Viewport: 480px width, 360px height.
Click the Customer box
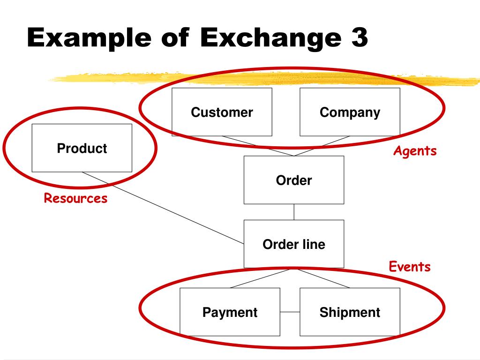pyautogui.click(x=222, y=112)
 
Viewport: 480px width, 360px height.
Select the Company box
pyautogui.click(x=350, y=112)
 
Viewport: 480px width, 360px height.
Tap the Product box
pyautogui.click(x=82, y=148)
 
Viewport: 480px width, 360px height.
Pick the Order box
pyautogui.click(x=294, y=180)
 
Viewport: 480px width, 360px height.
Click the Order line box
pyautogui.click(x=294, y=244)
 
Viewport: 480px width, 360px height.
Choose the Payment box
pyautogui.click(x=230, y=312)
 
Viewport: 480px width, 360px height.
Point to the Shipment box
pyautogui.click(x=350, y=312)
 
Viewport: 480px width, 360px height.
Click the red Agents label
pyautogui.click(x=415, y=151)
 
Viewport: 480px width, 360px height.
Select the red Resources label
pyautogui.click(x=75, y=198)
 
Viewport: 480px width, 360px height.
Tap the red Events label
pyautogui.click(x=410, y=267)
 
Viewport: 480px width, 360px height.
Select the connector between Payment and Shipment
pyautogui.click(x=290, y=312)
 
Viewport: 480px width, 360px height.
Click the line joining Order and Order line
pyautogui.click(x=294, y=212)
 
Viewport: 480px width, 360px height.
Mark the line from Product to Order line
pyautogui.click(x=164, y=208)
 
